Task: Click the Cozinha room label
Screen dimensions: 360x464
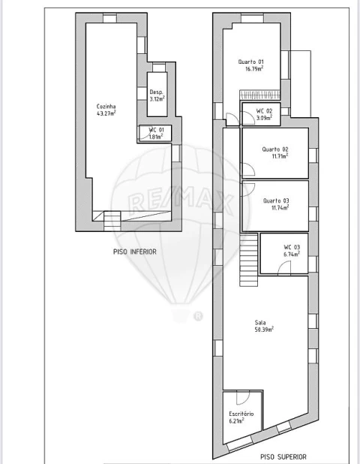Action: click(106, 106)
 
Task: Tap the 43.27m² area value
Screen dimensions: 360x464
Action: click(106, 113)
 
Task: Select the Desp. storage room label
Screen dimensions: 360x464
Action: click(156, 92)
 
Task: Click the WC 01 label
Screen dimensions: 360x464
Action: click(156, 130)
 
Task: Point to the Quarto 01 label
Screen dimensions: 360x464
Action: click(251, 62)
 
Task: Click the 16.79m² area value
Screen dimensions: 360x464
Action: click(254, 69)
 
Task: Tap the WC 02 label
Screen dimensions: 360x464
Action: click(264, 111)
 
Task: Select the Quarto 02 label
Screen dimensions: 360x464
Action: click(275, 149)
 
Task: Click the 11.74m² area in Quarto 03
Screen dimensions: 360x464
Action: click(280, 208)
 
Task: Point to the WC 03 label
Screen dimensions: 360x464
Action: click(292, 247)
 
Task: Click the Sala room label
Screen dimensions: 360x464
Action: click(260, 323)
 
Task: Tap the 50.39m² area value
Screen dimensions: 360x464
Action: click(264, 330)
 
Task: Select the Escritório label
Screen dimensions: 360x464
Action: click(241, 414)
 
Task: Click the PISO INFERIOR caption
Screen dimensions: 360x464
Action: click(135, 252)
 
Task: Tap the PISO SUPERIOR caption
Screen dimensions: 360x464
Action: click(283, 457)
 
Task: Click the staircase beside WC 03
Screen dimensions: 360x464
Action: click(248, 260)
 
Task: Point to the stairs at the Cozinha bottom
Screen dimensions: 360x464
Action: click(112, 221)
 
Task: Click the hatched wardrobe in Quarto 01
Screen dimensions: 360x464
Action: click(259, 95)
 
